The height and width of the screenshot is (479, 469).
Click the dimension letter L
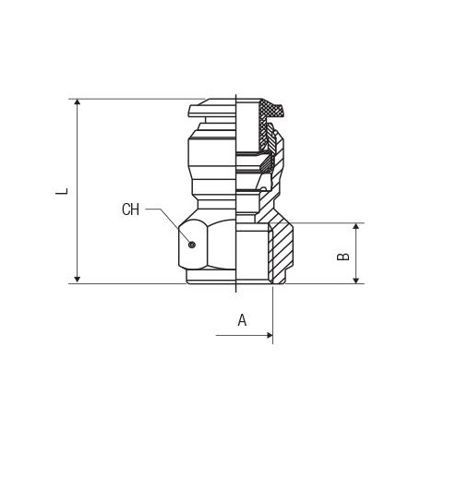62,191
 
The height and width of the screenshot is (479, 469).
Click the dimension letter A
242,320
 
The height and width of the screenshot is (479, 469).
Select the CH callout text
130,210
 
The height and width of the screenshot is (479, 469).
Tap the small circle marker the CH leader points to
192,245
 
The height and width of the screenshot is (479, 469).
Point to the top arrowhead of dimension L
78,102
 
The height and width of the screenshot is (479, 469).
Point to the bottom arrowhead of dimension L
78,280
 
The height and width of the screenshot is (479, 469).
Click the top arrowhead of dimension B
356,226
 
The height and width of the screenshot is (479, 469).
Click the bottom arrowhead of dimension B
356,280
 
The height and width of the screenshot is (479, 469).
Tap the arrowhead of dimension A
270,335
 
